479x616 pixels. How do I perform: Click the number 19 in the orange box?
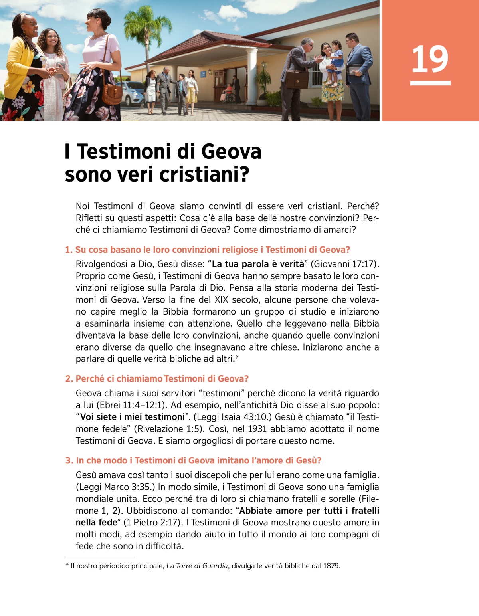pyautogui.click(x=430, y=59)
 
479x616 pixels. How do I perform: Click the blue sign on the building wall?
pyautogui.click(x=204, y=73)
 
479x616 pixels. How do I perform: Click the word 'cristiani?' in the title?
pyautogui.click(x=204, y=174)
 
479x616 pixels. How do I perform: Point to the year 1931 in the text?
pyautogui.click(x=257, y=429)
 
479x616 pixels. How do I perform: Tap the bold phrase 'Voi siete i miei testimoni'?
pyautogui.click(x=133, y=417)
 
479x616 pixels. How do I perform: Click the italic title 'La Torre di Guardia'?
pyautogui.click(x=197, y=566)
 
